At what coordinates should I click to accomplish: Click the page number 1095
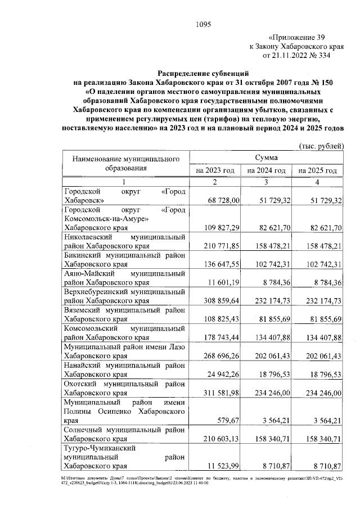click(x=202, y=24)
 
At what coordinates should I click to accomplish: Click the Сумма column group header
click(x=266, y=159)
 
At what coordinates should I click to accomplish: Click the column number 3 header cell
click(x=266, y=182)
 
